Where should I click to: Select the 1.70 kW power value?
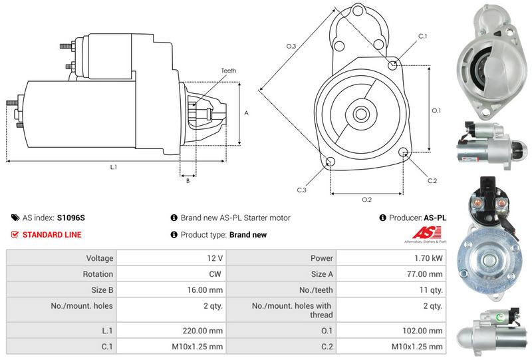point(428,258)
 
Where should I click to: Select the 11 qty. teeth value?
point(431,290)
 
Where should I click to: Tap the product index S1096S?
point(70,218)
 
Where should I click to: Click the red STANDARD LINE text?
point(52,235)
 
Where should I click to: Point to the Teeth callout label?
point(229,71)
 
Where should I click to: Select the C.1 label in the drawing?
point(422,36)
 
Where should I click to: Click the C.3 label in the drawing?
point(301,190)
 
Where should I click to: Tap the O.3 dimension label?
point(291,46)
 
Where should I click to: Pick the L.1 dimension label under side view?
point(113,167)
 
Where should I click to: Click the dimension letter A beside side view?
point(246,113)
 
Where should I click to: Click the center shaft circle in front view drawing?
point(361,114)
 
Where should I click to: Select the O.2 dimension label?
point(366,200)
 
